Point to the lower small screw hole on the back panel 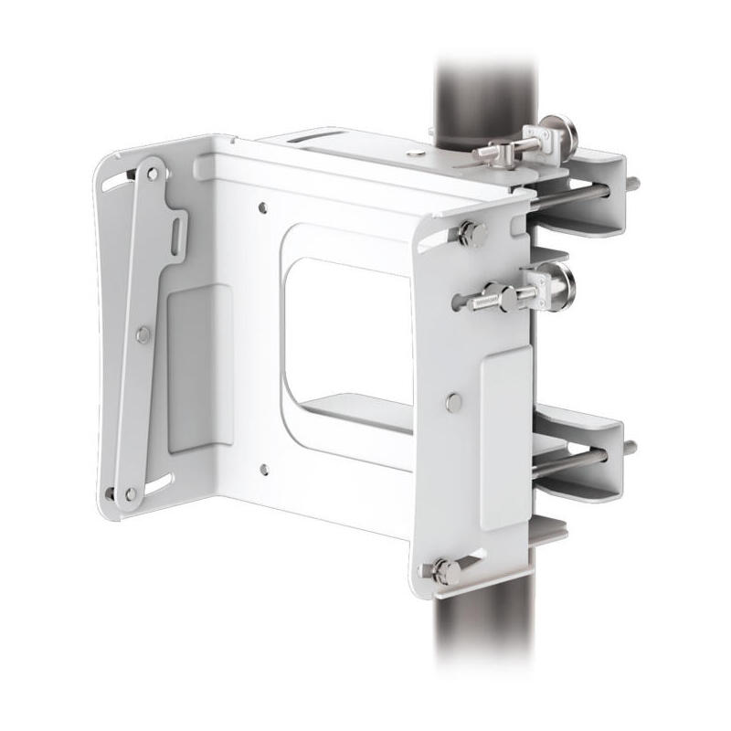263,470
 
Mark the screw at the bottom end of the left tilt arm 131,493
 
